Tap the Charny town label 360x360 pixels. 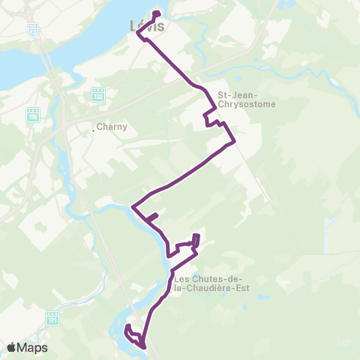point(113,127)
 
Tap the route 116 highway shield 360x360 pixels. point(32,115)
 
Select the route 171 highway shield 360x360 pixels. point(52,317)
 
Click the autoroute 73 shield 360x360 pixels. point(32,29)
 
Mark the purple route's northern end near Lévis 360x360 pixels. point(157,13)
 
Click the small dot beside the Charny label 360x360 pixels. point(93,130)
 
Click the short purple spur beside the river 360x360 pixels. point(151,218)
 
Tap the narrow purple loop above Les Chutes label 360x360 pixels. point(196,241)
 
